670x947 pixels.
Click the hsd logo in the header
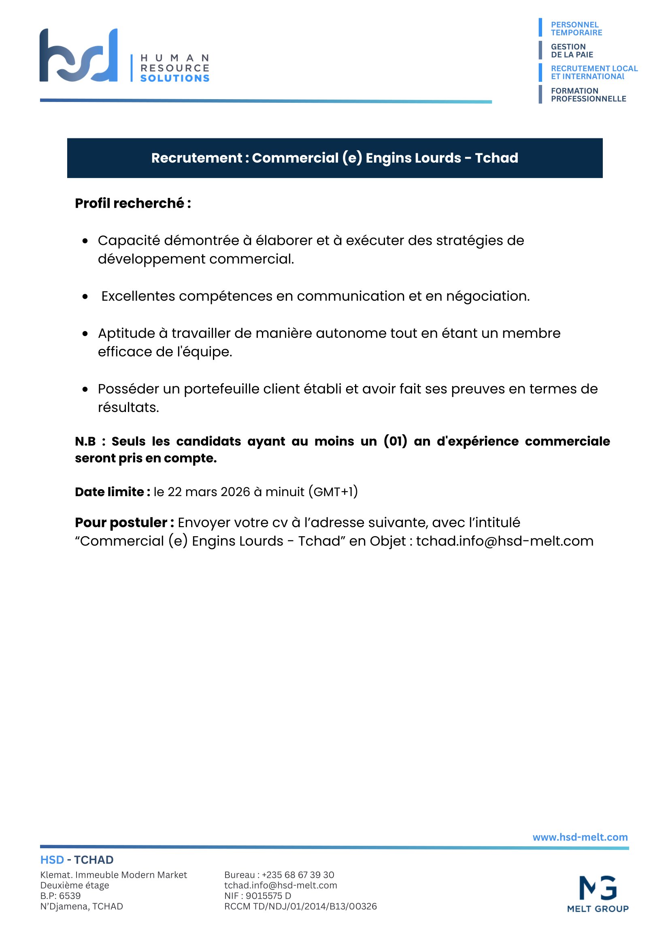pyautogui.click(x=79, y=55)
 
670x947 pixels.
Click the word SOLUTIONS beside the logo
pyautogui.click(x=174, y=79)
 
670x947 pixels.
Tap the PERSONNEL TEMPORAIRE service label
pyautogui.click(x=576, y=28)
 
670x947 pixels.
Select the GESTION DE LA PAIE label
pyautogui.click(x=572, y=51)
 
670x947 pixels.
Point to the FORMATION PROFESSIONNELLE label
pyautogui.click(x=588, y=94)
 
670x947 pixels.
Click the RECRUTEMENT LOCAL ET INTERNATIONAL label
pyautogui.click(x=593, y=72)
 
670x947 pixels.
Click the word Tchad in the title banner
pyautogui.click(x=496, y=158)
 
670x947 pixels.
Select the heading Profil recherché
pyautogui.click(x=133, y=203)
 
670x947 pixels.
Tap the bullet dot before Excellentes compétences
pyautogui.click(x=85, y=297)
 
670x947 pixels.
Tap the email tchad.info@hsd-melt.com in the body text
pyautogui.click(x=504, y=541)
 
